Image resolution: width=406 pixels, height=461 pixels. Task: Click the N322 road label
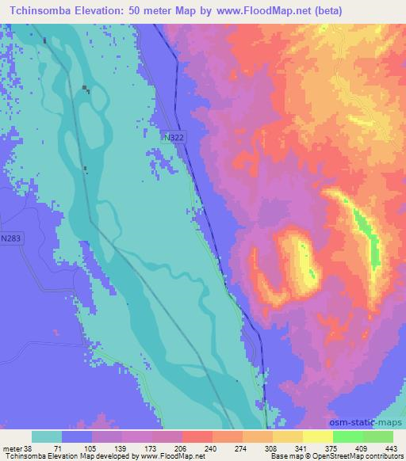(x=177, y=138)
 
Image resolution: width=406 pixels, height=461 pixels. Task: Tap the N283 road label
(x=11, y=238)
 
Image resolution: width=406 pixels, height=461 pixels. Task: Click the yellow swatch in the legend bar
(x=317, y=436)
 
